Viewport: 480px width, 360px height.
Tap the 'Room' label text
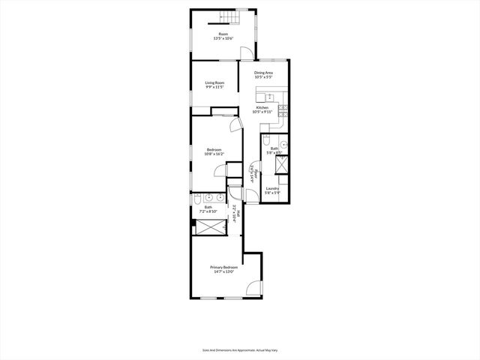tap(223, 34)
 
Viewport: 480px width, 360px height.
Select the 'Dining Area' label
tap(262, 73)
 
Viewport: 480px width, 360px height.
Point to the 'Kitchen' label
tap(262, 107)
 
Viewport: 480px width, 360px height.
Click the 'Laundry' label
tap(271, 188)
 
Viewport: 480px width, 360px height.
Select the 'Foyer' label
tap(255, 174)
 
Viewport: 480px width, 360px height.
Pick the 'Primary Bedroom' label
tap(223, 268)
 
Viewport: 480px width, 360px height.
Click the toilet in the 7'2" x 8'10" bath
tap(195, 200)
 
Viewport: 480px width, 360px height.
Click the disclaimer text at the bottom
tap(240, 349)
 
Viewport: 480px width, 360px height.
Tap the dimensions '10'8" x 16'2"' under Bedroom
tap(215, 154)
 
